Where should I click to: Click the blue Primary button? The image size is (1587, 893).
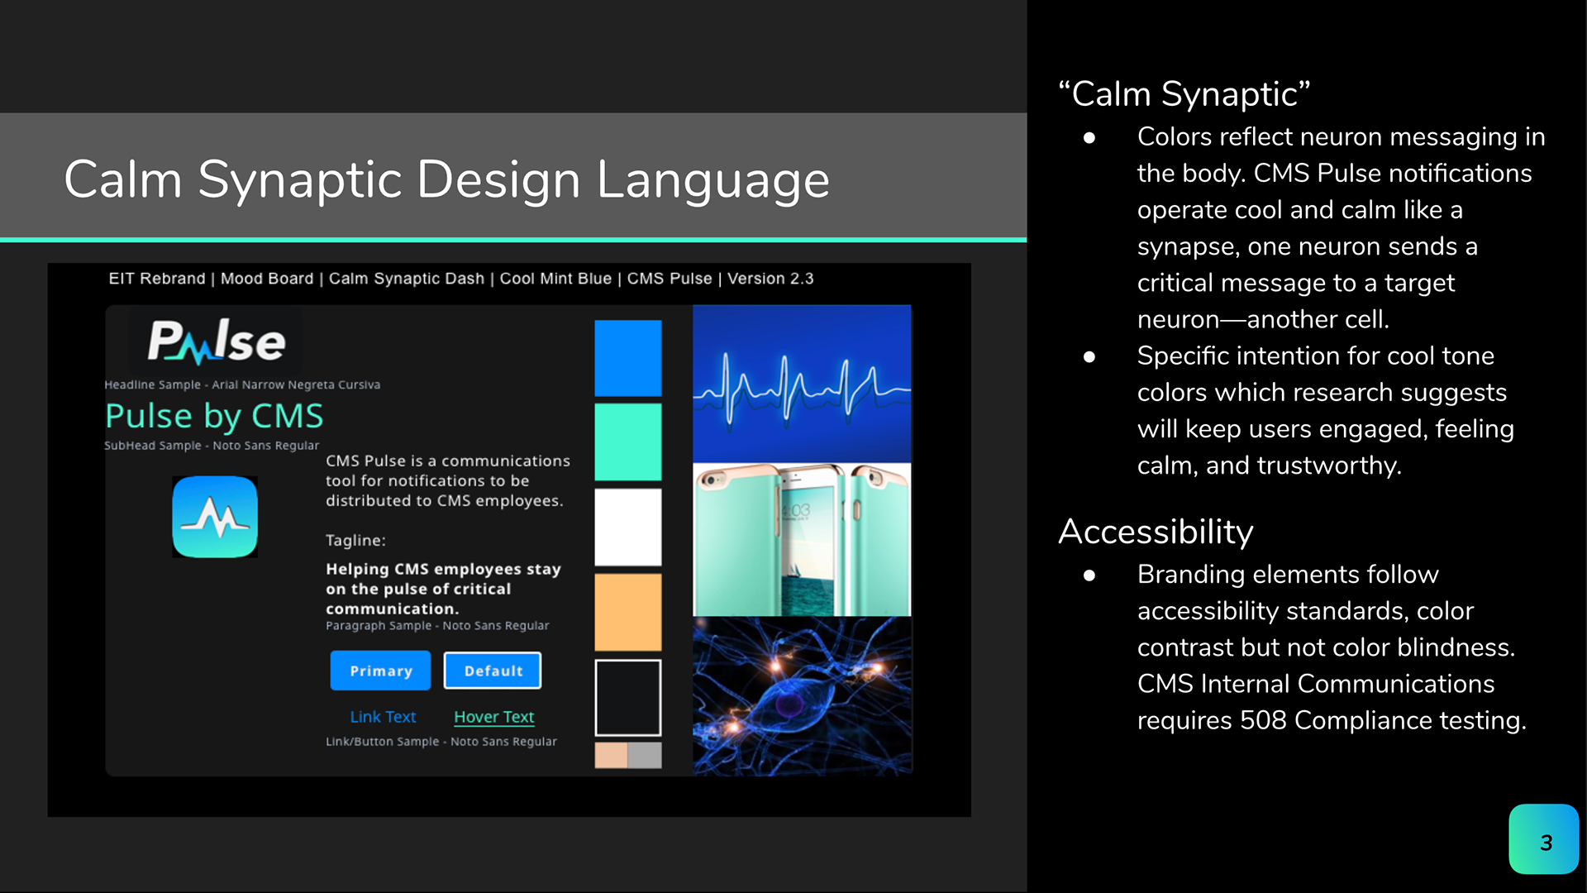(x=380, y=671)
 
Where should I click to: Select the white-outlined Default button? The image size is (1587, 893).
(x=493, y=671)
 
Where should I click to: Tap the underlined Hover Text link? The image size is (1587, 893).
(x=494, y=717)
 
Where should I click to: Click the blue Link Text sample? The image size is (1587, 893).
(x=383, y=717)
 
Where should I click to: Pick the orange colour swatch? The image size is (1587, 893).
(x=628, y=612)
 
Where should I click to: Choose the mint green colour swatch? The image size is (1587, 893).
(x=628, y=442)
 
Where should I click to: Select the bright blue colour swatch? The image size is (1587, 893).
(x=628, y=358)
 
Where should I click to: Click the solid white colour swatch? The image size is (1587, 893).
(x=628, y=527)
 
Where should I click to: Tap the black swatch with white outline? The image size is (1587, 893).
(x=628, y=697)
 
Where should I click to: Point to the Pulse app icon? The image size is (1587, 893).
(x=215, y=517)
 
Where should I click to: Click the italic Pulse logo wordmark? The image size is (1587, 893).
(x=217, y=341)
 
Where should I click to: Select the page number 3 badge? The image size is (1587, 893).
(x=1544, y=839)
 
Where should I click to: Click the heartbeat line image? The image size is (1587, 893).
(x=802, y=384)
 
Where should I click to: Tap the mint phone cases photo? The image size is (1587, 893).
(x=802, y=539)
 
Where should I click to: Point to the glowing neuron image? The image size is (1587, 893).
(x=802, y=696)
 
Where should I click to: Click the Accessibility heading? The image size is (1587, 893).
(x=1156, y=532)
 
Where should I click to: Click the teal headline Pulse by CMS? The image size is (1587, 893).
(x=214, y=416)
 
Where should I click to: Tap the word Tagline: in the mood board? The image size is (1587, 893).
(x=355, y=541)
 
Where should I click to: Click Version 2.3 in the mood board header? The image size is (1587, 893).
(x=770, y=279)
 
